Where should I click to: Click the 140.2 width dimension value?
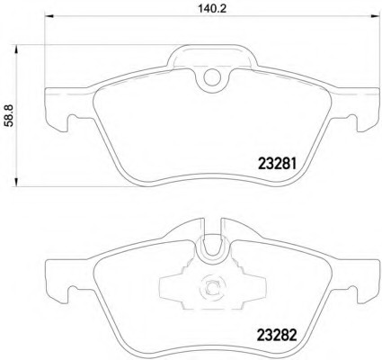212,8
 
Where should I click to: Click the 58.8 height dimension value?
9,116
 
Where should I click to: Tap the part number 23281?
277,164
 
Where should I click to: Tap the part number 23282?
277,336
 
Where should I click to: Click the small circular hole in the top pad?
212,76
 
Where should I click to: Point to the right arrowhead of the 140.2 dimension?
375,15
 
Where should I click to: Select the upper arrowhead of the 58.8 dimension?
16,49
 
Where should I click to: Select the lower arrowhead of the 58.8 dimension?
16,182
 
